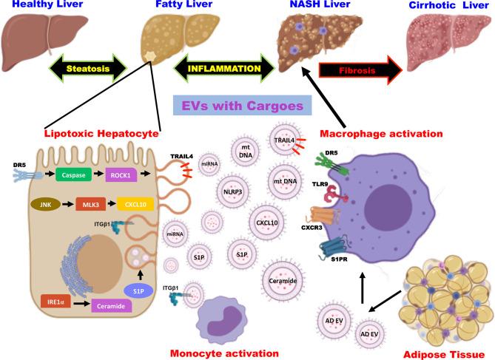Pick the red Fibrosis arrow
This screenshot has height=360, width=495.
[359, 71]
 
